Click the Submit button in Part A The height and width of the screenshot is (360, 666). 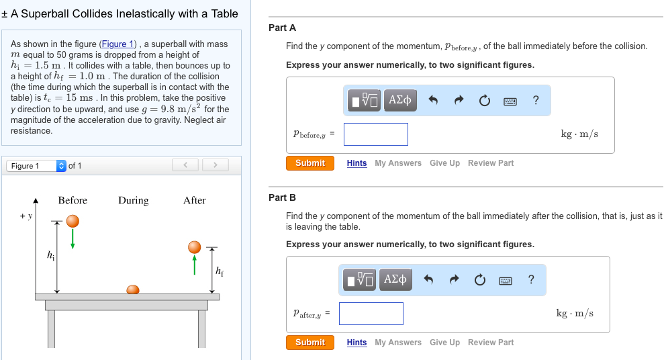click(310, 163)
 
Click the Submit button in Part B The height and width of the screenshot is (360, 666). click(310, 343)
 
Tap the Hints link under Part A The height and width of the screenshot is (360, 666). click(356, 163)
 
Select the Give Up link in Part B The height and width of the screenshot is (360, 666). click(444, 343)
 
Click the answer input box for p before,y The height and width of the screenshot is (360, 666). click(375, 134)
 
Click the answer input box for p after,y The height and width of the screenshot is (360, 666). click(371, 314)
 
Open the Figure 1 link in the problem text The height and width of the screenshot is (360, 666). click(117, 44)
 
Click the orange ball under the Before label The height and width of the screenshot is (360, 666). click(73, 221)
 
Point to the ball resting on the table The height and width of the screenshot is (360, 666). click(133, 289)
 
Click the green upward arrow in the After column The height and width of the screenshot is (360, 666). click(195, 264)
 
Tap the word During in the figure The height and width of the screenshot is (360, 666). click(133, 200)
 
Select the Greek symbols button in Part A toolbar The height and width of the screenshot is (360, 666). click(400, 100)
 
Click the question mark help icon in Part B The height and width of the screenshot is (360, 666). click(531, 279)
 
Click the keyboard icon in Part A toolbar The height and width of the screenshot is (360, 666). click(510, 101)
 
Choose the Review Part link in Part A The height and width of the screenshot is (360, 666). click(490, 163)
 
